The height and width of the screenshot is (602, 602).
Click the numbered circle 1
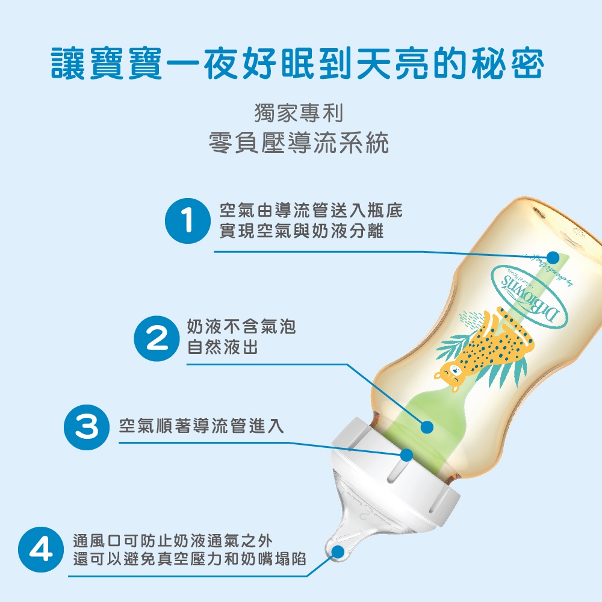point(188,221)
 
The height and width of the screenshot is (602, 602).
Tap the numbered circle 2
point(157,338)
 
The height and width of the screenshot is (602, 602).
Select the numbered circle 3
point(87,427)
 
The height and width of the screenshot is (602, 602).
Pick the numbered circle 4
point(41,550)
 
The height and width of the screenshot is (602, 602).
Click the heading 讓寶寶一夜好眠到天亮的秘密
point(297,64)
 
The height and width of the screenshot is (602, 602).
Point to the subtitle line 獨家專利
point(299,113)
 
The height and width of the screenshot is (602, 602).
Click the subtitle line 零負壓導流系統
point(299,143)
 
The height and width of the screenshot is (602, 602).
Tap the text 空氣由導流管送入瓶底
point(311,210)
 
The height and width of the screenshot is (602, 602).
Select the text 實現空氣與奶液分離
point(302,231)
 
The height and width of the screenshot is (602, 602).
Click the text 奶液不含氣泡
point(241,327)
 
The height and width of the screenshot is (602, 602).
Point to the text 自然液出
point(223,347)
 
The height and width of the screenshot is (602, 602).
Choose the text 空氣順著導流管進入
point(202,426)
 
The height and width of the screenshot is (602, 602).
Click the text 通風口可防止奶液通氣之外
point(173,541)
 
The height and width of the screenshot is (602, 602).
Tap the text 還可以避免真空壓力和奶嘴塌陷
point(190,559)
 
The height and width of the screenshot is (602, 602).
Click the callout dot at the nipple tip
point(338,552)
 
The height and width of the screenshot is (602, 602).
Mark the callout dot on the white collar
point(406,455)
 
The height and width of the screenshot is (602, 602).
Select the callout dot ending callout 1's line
point(553,257)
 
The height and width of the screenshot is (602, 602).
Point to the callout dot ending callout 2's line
point(427,427)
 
